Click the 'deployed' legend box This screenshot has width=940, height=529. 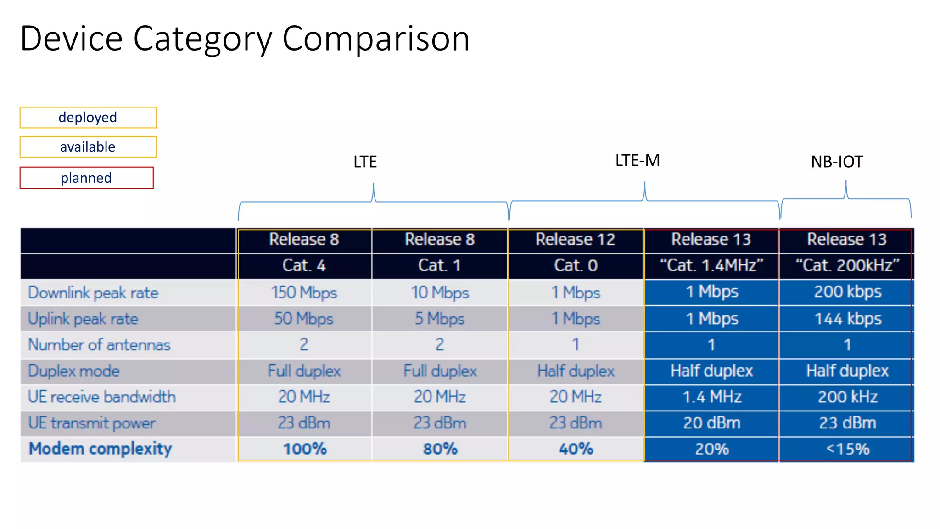click(88, 118)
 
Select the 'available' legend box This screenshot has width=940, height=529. click(88, 147)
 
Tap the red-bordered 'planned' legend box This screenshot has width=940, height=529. click(86, 178)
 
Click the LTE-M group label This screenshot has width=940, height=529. click(638, 161)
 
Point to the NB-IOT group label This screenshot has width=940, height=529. click(837, 162)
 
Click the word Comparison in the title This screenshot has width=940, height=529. click(376, 39)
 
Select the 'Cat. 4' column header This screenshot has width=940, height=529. click(304, 265)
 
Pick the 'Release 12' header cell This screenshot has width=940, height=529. click(575, 239)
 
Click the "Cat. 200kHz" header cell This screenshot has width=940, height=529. click(847, 265)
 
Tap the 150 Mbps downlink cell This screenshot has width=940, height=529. click(304, 293)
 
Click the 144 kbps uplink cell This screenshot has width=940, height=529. click(848, 319)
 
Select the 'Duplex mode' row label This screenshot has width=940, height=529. click(74, 371)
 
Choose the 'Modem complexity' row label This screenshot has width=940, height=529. click(101, 449)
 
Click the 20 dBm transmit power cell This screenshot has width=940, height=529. click(711, 423)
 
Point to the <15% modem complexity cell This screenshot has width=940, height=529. click(847, 449)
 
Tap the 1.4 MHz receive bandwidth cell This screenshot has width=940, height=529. click(711, 397)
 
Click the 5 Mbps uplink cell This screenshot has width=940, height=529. click(440, 319)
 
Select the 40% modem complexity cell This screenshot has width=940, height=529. click(576, 449)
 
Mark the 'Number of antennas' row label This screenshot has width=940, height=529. click(99, 345)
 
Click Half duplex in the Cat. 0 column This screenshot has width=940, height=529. click(576, 371)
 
